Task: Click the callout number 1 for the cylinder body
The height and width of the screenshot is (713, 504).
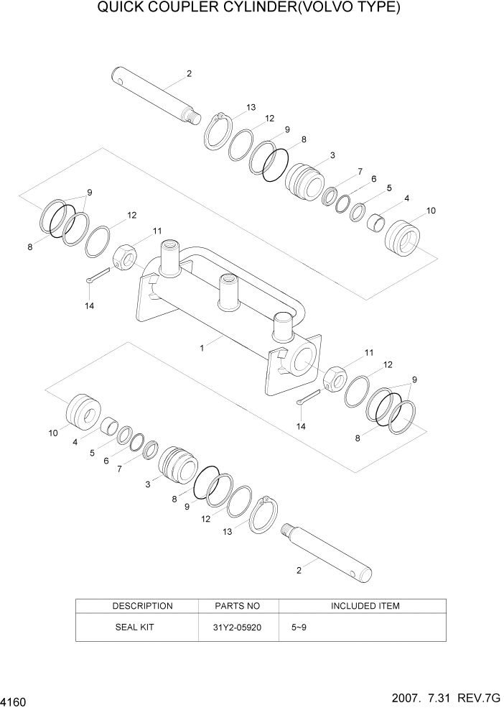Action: coord(202,348)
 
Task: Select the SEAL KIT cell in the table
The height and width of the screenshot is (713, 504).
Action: coord(135,627)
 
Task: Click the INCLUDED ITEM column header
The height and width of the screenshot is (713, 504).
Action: coord(365,606)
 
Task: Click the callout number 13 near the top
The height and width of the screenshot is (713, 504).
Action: coord(251,107)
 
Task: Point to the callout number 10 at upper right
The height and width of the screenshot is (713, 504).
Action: coord(431,211)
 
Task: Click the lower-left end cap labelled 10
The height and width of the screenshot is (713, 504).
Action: coord(85,413)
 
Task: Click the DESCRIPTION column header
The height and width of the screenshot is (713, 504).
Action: coord(142,606)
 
